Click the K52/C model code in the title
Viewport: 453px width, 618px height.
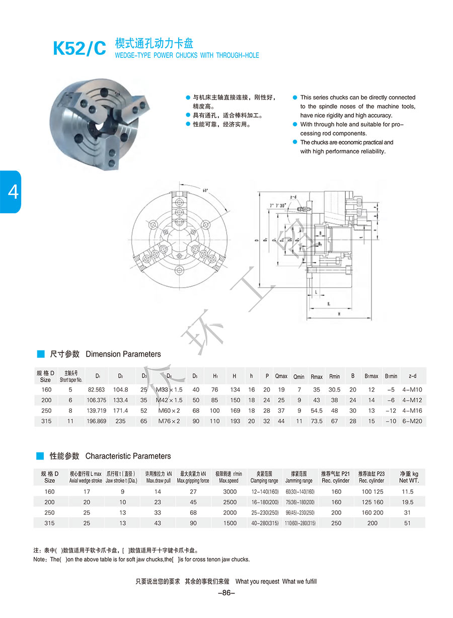tap(80, 48)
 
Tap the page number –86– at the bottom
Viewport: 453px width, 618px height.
tap(226, 593)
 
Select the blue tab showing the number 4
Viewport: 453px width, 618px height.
tap(11, 192)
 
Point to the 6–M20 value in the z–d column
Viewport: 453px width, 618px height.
tap(412, 421)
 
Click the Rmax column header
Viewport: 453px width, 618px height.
tap(317, 376)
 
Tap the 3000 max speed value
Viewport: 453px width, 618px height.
tap(230, 491)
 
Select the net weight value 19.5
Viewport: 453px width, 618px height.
tap(408, 502)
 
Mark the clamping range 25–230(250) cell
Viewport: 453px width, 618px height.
tap(265, 512)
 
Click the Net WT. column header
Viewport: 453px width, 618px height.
tap(408, 477)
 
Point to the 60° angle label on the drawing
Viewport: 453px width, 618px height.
tap(205, 191)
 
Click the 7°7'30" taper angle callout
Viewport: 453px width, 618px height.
tap(278, 206)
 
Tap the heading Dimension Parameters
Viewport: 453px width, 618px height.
tap(123, 354)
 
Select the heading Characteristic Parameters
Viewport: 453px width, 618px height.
tap(128, 456)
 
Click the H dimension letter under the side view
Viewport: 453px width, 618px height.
tap(339, 313)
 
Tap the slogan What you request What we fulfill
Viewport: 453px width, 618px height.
tap(276, 581)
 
